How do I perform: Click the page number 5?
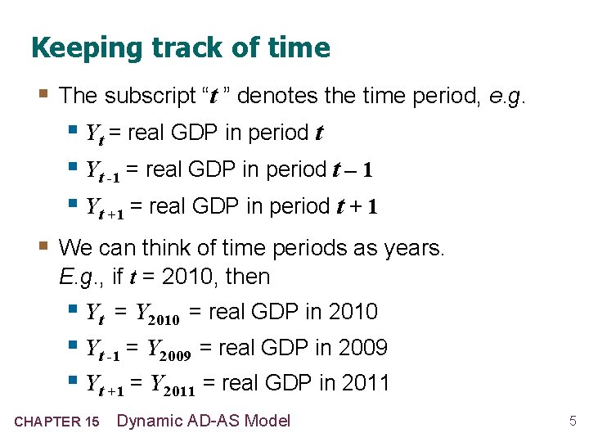573,422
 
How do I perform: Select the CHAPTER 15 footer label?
57,422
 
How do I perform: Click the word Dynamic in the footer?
152,421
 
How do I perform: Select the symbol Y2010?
158,313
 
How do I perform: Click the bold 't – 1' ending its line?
353,170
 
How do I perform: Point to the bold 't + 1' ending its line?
357,207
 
